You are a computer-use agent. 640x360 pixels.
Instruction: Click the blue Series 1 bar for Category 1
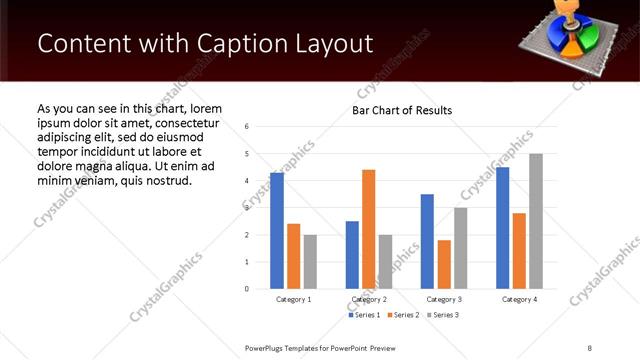pos(277,231)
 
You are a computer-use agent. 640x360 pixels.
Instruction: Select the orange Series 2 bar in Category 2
pos(368,229)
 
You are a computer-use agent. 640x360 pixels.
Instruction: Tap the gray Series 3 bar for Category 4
pos(536,221)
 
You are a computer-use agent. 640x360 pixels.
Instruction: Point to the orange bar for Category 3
pos(444,264)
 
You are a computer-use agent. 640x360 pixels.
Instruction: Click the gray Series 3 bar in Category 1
pos(310,262)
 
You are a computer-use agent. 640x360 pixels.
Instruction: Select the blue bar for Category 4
pos(502,228)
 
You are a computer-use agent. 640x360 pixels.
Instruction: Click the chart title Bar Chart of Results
pos(402,110)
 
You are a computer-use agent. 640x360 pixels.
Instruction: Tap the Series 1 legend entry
pos(364,315)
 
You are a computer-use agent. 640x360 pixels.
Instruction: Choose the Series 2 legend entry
pos(403,315)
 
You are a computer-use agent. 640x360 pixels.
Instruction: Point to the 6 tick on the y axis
pos(247,127)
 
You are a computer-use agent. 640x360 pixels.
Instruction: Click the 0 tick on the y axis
pos(247,289)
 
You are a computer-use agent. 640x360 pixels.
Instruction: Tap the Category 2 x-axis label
pos(369,299)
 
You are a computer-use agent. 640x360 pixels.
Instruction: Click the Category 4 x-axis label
pos(519,299)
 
